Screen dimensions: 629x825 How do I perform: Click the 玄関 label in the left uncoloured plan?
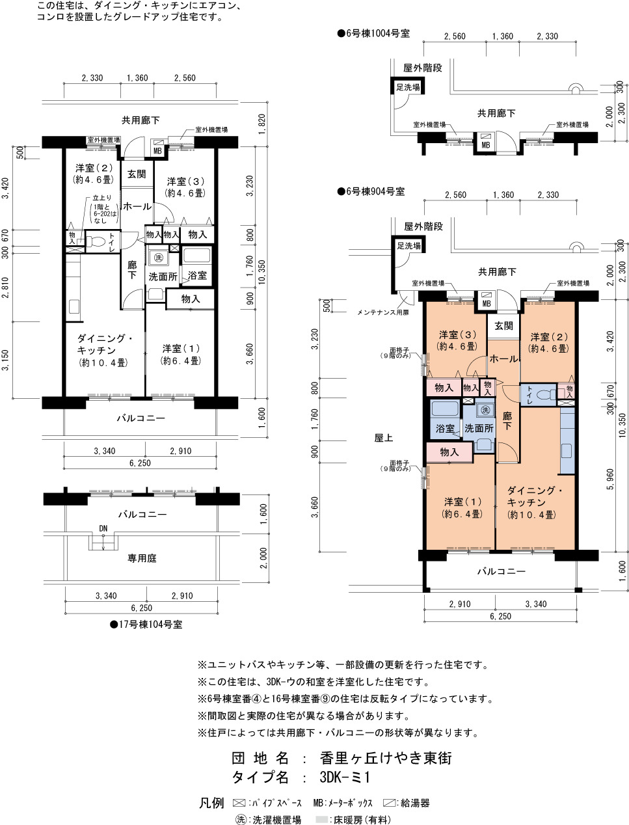tap(137, 174)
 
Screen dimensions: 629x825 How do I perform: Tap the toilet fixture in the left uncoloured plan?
tap(96, 241)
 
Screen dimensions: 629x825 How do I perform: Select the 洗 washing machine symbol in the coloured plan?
tap(485, 410)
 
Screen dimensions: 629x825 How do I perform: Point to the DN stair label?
tap(103, 528)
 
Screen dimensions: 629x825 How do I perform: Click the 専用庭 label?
tap(142, 558)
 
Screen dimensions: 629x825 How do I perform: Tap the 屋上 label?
tap(384, 437)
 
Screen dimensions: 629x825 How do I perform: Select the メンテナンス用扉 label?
tap(382, 312)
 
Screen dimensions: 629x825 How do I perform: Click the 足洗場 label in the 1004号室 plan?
tap(408, 87)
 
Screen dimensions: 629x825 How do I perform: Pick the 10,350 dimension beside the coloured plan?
tap(622, 425)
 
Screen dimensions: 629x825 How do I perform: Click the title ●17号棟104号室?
tap(146, 625)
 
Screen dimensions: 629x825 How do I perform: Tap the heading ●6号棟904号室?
tap(371, 191)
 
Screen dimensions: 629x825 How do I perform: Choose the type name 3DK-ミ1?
tap(345, 777)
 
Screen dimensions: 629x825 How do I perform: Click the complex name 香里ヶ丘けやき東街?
tap(386, 758)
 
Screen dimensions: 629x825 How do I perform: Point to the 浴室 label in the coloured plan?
tap(446, 428)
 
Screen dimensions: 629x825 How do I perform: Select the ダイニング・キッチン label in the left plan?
tap(105, 344)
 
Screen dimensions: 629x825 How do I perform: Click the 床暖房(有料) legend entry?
tap(354, 819)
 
